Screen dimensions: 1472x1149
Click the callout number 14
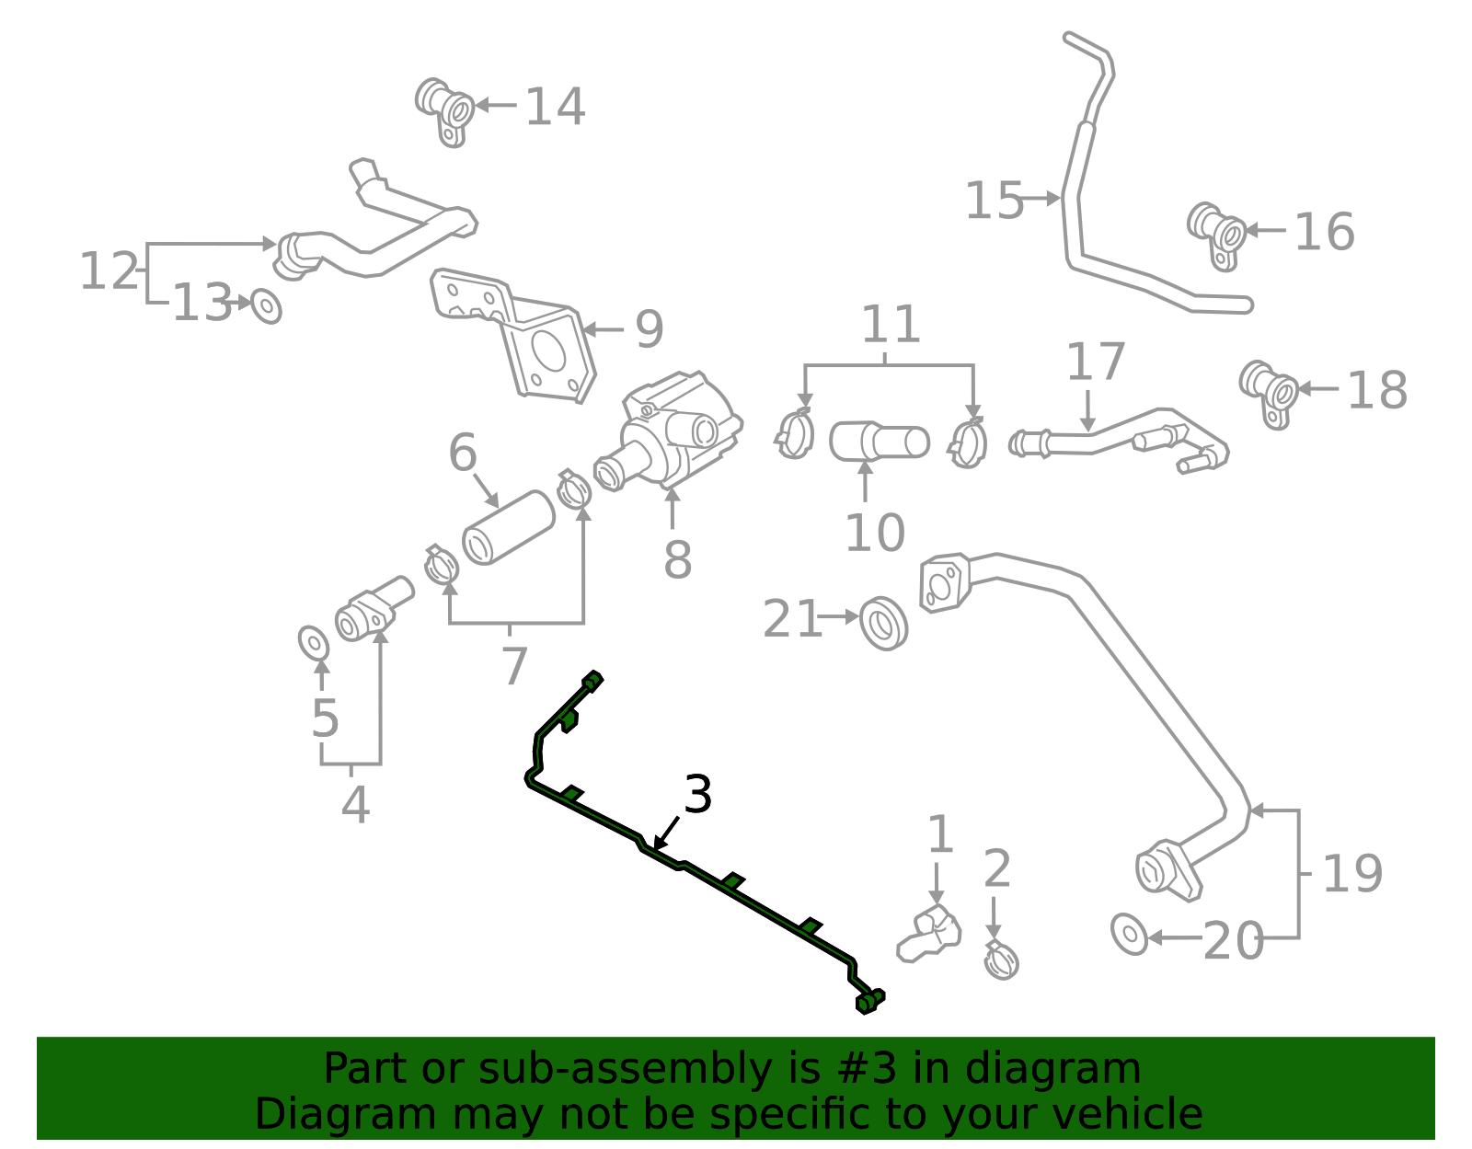555,107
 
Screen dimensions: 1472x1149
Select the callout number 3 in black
697,794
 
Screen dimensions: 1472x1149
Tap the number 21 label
792,619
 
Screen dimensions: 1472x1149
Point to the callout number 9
649,329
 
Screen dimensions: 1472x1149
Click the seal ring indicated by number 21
883,624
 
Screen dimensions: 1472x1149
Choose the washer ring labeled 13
266,306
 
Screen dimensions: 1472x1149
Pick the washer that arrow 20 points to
1129,935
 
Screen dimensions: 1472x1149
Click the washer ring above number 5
314,643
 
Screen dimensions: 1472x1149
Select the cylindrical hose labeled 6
509,527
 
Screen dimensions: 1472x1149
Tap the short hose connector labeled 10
880,441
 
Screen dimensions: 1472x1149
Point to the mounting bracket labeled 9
512,336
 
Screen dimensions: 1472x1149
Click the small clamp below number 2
1001,960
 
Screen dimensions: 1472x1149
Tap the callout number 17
1096,362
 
